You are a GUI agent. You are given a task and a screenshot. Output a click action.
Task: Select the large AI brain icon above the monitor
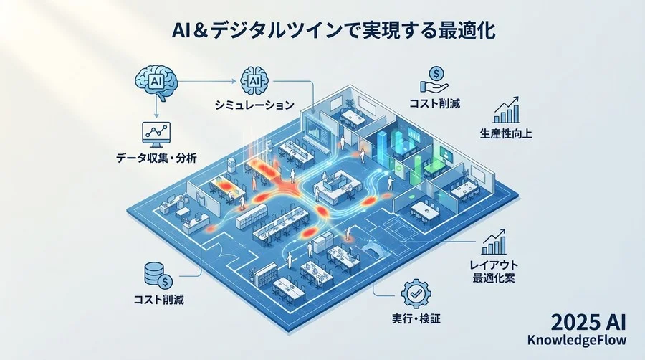(157, 81)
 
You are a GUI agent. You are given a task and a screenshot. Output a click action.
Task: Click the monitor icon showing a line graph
(157, 132)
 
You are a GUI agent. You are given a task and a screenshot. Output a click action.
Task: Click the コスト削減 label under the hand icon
(436, 103)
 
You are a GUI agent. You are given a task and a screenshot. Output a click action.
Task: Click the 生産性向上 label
(510, 134)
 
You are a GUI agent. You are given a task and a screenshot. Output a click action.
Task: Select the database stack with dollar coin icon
(157, 273)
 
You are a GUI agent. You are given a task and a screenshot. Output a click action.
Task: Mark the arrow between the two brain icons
(208, 81)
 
